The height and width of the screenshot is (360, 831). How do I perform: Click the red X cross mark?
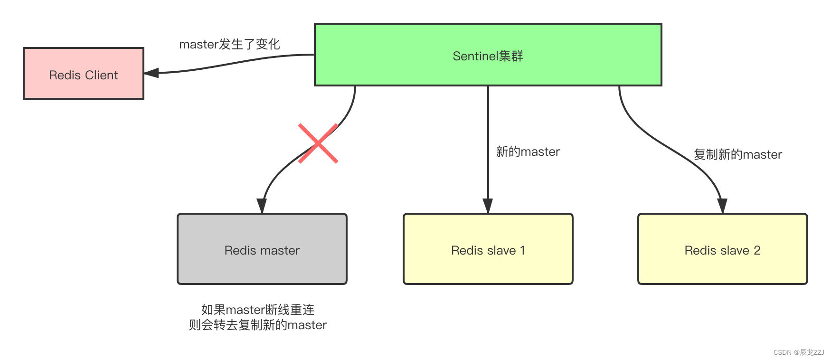[x=318, y=143]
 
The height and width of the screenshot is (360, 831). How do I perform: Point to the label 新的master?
[x=528, y=152]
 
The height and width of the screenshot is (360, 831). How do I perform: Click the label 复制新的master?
[x=737, y=154]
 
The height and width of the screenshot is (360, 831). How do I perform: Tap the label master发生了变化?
[x=229, y=44]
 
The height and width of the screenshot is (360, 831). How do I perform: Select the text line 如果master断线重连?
[x=258, y=310]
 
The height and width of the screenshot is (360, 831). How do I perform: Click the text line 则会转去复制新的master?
[x=258, y=325]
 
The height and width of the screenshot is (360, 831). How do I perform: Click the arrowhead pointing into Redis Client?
[x=151, y=73]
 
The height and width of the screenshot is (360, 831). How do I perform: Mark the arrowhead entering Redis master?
[x=262, y=206]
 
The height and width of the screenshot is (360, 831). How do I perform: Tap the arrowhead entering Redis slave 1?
[x=488, y=206]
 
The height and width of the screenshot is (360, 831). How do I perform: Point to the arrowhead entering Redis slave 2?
[x=722, y=206]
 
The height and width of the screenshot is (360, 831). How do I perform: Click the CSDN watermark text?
[x=799, y=352]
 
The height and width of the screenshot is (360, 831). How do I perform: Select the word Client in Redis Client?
[x=101, y=75]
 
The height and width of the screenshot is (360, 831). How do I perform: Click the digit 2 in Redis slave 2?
[x=757, y=250]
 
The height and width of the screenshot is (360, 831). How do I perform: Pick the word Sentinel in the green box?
[x=475, y=56]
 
